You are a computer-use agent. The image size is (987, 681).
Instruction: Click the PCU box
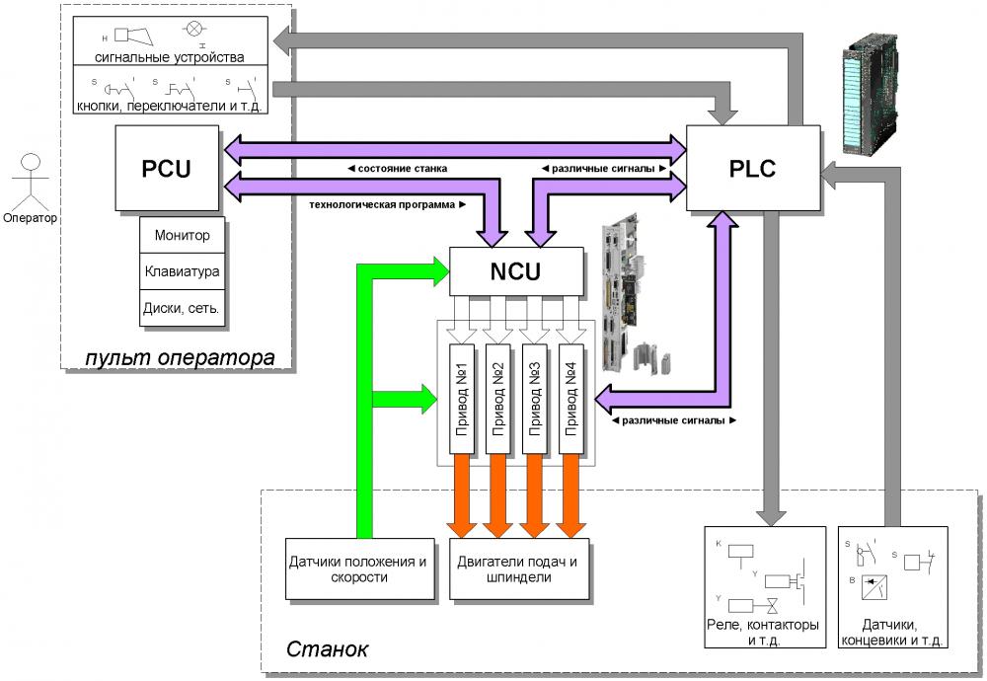(x=166, y=169)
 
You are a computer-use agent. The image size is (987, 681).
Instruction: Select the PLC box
(x=752, y=168)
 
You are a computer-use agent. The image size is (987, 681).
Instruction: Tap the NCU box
(x=517, y=270)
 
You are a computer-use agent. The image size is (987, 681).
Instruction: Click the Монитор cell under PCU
(x=183, y=237)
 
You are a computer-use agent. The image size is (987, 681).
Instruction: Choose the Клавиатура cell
(x=183, y=270)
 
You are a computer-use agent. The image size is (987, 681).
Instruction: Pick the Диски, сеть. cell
(x=183, y=307)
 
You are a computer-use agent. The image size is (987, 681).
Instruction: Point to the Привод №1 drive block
(x=462, y=399)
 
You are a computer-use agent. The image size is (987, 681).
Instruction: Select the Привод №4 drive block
(x=571, y=399)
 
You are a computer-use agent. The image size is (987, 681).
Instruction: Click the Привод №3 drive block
(x=535, y=399)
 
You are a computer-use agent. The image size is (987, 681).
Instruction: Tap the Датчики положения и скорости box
(x=358, y=569)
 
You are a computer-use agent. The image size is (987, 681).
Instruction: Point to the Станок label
(x=327, y=650)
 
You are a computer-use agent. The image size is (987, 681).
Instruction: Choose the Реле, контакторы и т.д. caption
(x=764, y=632)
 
